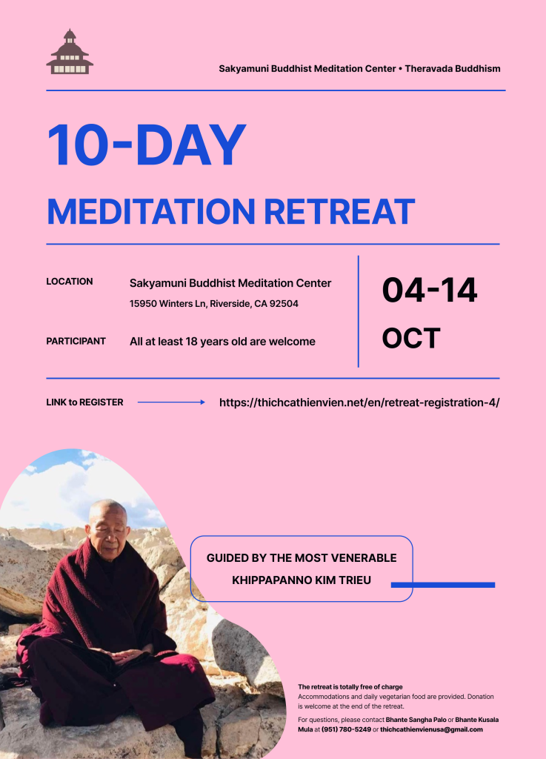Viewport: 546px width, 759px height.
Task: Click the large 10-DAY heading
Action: tap(147, 145)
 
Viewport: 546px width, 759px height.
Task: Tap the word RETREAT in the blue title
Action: tap(339, 211)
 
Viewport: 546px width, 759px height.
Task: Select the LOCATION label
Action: tap(69, 281)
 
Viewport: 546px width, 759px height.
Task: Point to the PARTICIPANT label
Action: tap(76, 341)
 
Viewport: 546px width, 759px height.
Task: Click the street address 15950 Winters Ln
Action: tap(168, 303)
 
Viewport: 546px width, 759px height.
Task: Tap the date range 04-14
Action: tap(430, 290)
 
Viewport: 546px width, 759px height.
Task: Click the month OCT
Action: tap(411, 338)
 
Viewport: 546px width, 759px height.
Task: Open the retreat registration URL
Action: tap(359, 402)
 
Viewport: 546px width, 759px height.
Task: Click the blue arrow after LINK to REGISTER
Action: tap(171, 402)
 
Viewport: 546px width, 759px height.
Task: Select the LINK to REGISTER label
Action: tap(84, 402)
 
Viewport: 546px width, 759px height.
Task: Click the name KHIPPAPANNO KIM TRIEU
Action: tap(302, 580)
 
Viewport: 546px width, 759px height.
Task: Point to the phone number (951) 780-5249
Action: tap(346, 729)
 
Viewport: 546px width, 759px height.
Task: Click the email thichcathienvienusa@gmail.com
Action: tap(431, 729)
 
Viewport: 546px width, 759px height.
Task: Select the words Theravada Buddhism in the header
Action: tap(453, 69)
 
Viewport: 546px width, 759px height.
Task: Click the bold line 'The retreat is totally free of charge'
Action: tap(350, 687)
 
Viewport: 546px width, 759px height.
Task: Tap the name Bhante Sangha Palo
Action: tap(416, 720)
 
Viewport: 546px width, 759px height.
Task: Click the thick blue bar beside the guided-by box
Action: tap(443, 585)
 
